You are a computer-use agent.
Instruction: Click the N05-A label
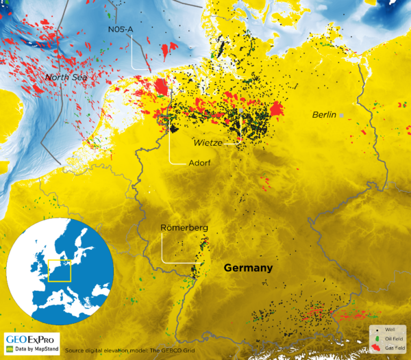pos(122,29)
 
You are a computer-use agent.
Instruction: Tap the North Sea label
pos(67,77)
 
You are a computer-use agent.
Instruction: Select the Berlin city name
pos(323,114)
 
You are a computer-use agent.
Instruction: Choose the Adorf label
pos(199,164)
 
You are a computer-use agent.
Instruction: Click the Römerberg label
pos(184,227)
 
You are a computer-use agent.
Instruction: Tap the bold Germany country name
pos(249,268)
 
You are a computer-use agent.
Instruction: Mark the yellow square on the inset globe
pos(59,270)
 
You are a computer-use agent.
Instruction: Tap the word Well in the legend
pos(390,330)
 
